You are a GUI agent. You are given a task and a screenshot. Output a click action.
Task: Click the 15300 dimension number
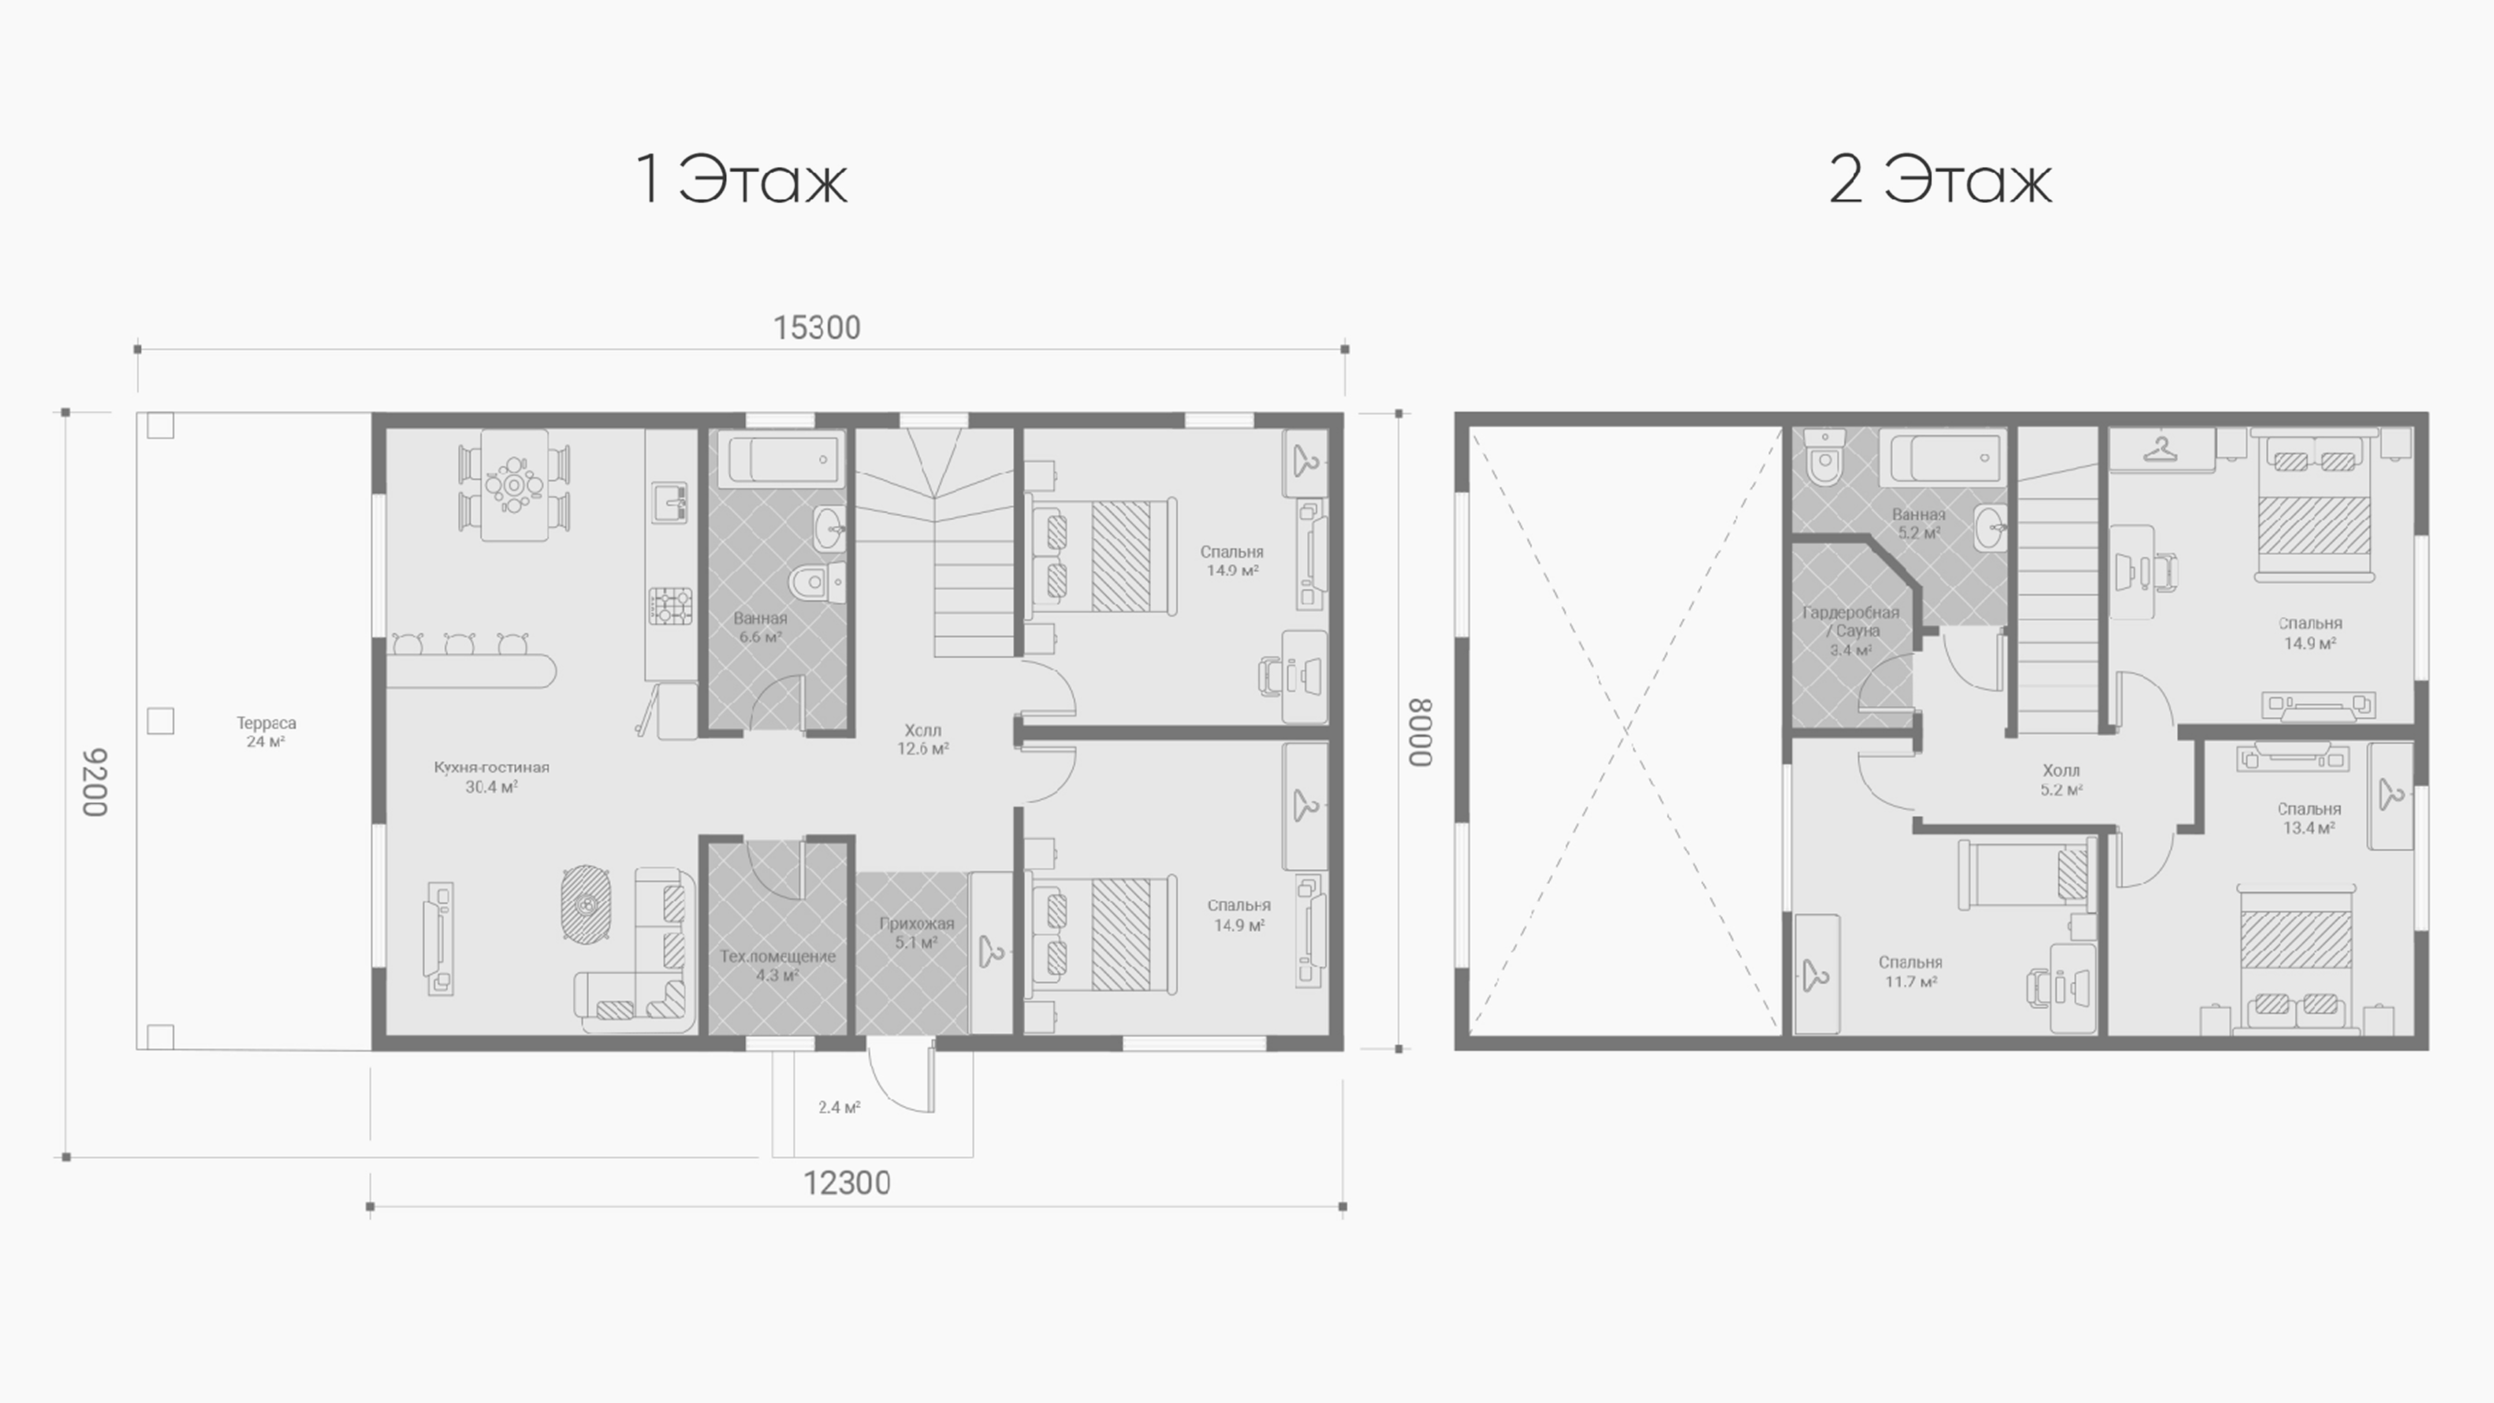(x=816, y=328)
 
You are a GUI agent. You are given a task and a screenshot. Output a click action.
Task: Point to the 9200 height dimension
(x=94, y=782)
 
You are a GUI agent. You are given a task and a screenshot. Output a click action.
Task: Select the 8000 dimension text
(x=1419, y=733)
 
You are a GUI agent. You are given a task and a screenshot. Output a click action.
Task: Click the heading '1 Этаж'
(x=742, y=179)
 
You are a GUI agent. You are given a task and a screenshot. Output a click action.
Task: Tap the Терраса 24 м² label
(x=266, y=732)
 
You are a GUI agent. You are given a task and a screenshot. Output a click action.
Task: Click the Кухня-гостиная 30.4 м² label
(x=492, y=776)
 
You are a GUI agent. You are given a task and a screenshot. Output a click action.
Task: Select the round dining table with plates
(x=514, y=484)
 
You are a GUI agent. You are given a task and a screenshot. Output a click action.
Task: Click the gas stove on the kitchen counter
(x=670, y=606)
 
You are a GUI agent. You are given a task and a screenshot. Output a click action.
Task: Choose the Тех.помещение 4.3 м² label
(x=778, y=965)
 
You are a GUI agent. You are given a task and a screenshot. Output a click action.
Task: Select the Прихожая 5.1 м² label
(x=916, y=932)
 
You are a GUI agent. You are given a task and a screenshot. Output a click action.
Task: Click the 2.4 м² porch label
(x=840, y=1107)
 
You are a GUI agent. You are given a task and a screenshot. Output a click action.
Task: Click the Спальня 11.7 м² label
(x=1910, y=971)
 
